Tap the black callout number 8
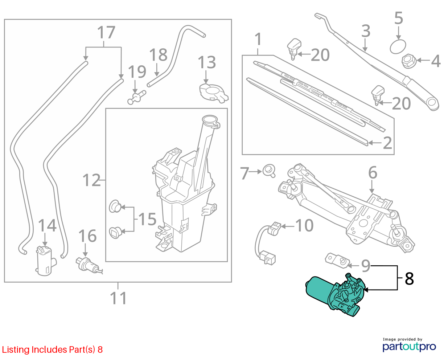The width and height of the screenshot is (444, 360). (x=409, y=279)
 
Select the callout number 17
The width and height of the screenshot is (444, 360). (x=106, y=32)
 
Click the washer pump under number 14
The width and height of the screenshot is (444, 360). (x=45, y=261)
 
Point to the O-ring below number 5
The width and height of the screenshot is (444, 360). (x=398, y=46)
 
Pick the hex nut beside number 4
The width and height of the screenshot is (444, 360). (x=409, y=61)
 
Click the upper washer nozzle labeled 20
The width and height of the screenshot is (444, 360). (x=294, y=49)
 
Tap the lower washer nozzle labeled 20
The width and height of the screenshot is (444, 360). (x=378, y=95)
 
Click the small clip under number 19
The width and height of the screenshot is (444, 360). (x=136, y=97)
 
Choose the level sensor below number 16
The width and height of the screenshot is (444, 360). (x=89, y=266)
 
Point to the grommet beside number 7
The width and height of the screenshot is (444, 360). (x=269, y=171)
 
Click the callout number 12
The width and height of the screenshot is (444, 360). (x=92, y=180)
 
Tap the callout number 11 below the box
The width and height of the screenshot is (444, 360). (x=118, y=298)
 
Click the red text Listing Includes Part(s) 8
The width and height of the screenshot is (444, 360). (x=52, y=349)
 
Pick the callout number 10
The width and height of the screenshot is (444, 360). (x=304, y=225)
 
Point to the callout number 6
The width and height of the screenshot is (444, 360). (x=373, y=172)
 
